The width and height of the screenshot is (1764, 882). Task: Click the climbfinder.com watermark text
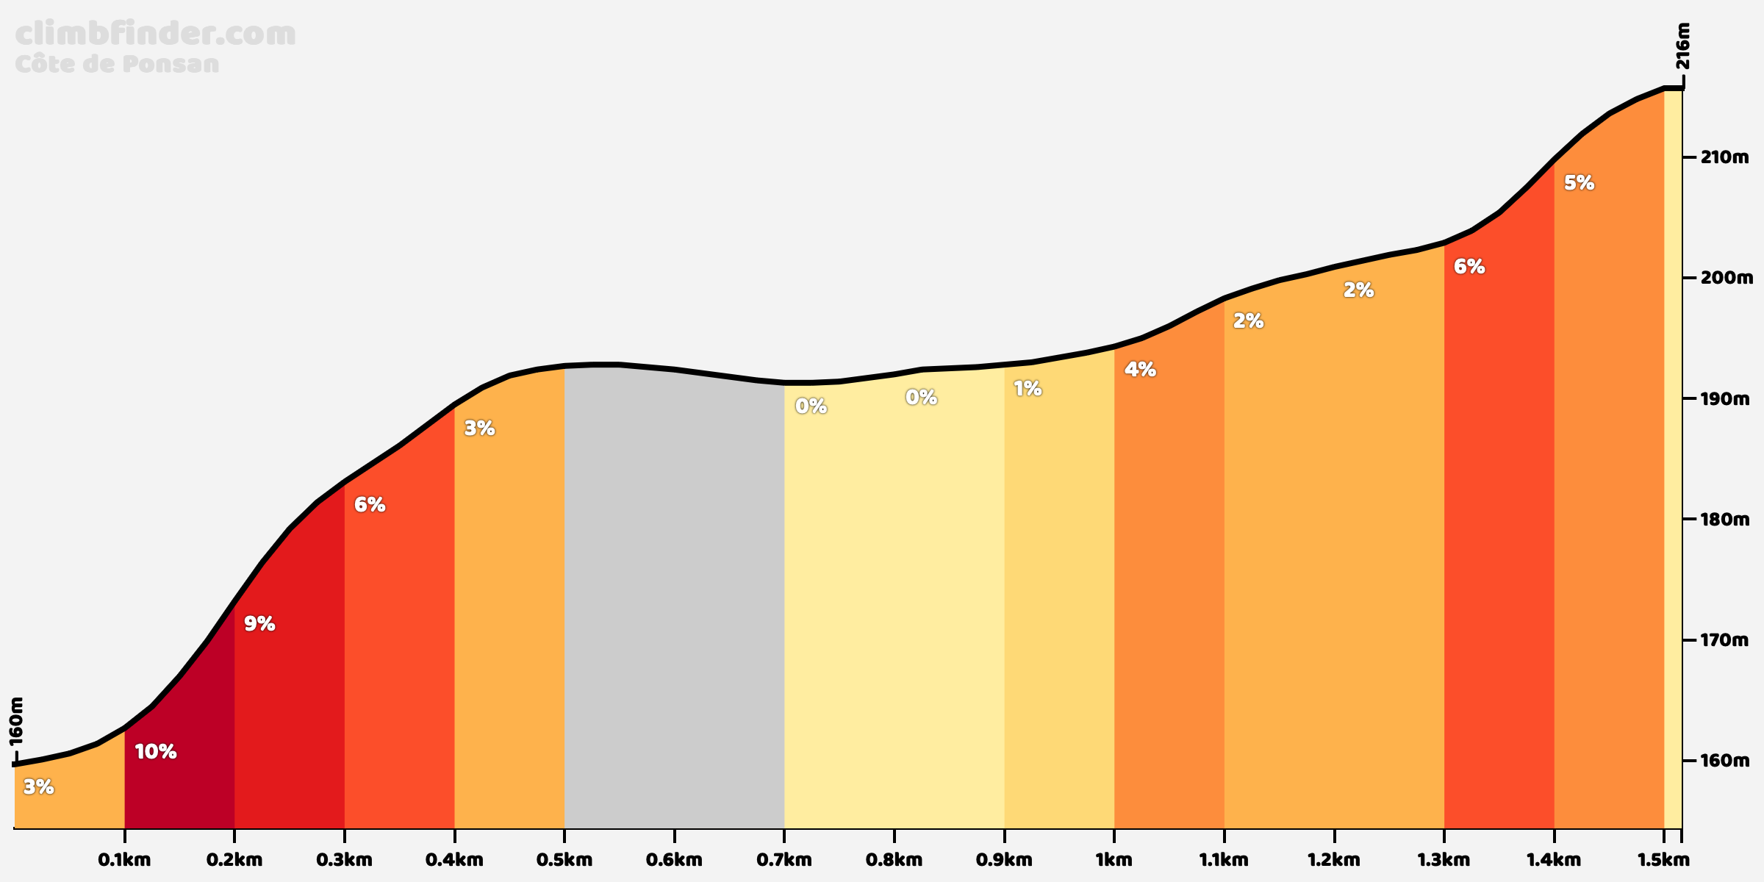click(155, 35)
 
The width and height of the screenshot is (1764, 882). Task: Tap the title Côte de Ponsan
click(117, 64)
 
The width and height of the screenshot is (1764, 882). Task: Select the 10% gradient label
click(156, 751)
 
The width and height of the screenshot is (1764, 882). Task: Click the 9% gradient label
click(259, 624)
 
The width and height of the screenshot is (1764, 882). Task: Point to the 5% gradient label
click(1579, 183)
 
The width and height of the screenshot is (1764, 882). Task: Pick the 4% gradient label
click(1140, 369)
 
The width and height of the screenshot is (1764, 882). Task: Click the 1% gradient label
click(1028, 388)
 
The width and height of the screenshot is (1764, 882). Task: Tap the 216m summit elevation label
click(1683, 46)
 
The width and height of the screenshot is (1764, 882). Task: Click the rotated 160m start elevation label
click(17, 721)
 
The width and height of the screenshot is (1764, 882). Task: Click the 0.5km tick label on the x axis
click(564, 859)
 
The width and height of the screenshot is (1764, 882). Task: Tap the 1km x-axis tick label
click(1114, 859)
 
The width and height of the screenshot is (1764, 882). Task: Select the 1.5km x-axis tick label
click(1663, 859)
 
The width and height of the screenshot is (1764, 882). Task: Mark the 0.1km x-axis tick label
click(124, 859)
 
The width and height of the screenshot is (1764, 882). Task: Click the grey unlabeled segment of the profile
click(674, 603)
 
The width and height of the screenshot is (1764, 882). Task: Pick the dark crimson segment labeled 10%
click(179, 772)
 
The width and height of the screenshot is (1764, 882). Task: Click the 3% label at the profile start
click(38, 787)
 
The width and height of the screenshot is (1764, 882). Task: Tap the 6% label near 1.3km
click(1469, 267)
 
